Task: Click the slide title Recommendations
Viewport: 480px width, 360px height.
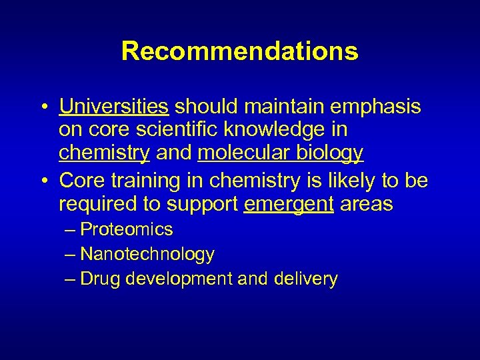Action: (x=239, y=51)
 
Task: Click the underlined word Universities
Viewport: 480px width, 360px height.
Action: (x=113, y=107)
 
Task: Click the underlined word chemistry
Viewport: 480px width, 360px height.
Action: (x=104, y=153)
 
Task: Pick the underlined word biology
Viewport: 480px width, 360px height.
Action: (x=329, y=153)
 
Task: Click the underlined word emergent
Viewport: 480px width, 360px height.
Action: (x=289, y=204)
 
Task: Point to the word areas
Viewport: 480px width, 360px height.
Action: (x=367, y=204)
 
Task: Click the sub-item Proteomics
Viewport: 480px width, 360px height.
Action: (x=126, y=230)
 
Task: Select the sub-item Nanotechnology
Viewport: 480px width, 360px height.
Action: (x=147, y=254)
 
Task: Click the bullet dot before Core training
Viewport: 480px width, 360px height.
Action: (x=42, y=182)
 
